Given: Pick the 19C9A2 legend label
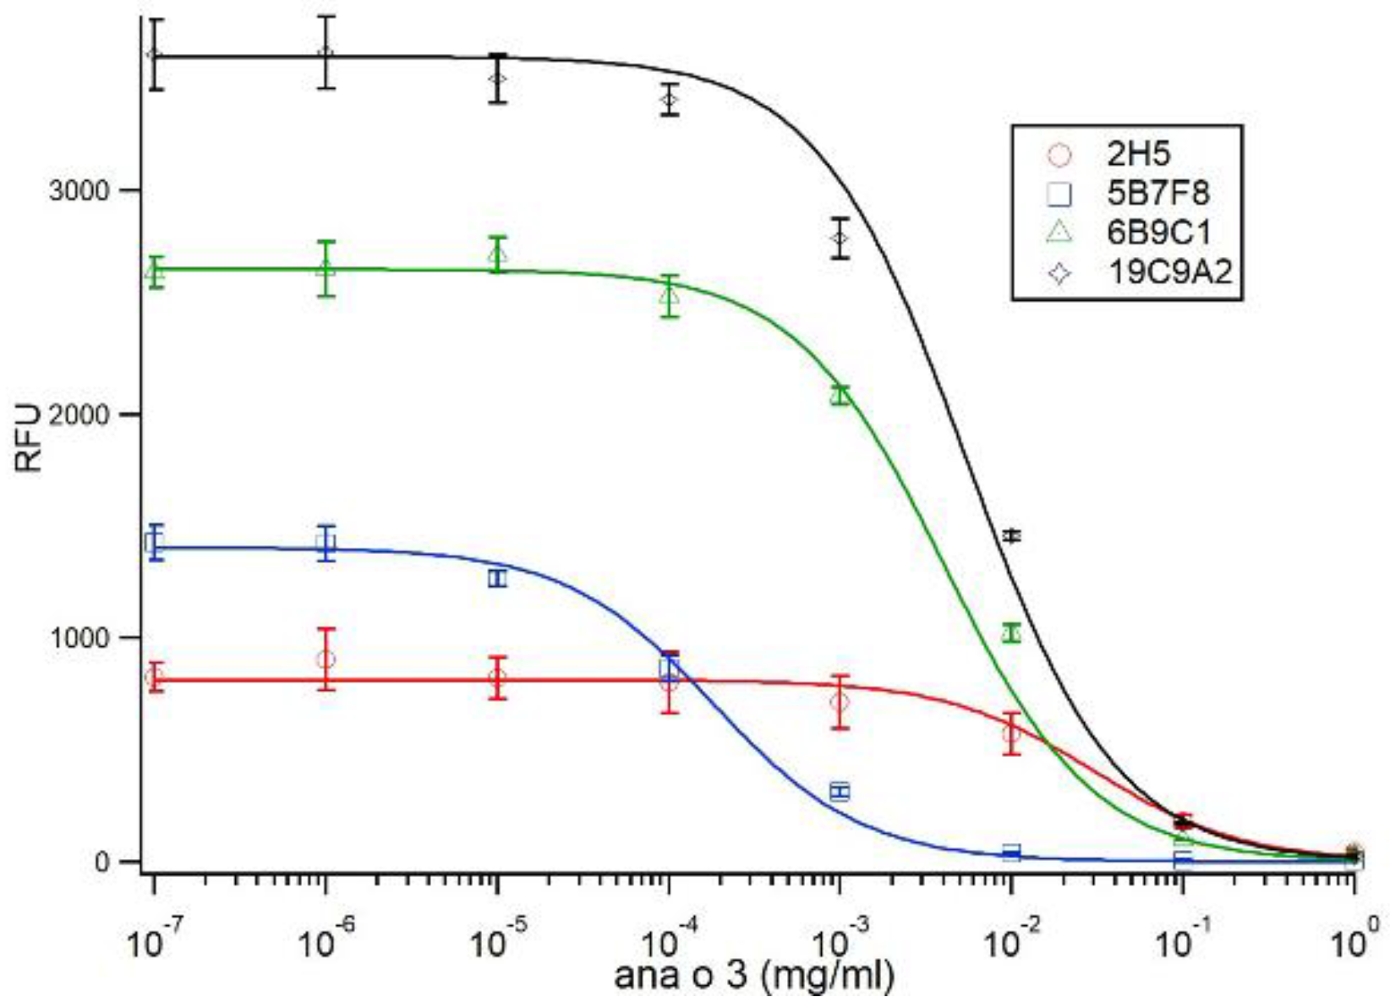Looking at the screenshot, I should pos(1169,272).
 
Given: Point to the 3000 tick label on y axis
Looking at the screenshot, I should pos(79,190).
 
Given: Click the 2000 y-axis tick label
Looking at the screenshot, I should pos(79,414).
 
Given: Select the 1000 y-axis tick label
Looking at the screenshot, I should pos(79,638).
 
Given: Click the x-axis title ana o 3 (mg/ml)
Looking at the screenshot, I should pos(753,976).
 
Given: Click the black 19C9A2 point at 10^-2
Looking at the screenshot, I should pos(1011,535).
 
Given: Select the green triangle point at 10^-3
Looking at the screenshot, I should pos(840,395).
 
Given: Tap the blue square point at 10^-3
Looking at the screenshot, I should pos(840,792).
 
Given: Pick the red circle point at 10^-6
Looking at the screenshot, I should pos(326,660).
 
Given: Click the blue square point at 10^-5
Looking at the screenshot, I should pos(498,578).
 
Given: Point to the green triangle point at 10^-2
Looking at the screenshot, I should pos(1011,633).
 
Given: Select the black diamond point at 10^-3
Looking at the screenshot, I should pos(840,238).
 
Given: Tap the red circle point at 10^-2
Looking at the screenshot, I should pos(1011,733).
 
